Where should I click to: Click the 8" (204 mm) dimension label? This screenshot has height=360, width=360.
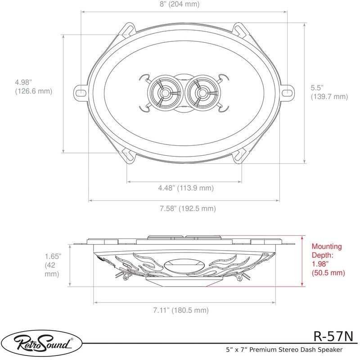pyautogui.click(x=184, y=5)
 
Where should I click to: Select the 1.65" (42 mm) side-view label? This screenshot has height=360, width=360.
pyautogui.click(x=53, y=265)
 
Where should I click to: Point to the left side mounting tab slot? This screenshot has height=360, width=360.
pyautogui.click(x=81, y=93)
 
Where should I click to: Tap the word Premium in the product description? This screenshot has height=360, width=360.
pyautogui.click(x=268, y=349)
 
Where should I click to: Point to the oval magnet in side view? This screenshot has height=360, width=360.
pyautogui.click(x=185, y=267)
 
